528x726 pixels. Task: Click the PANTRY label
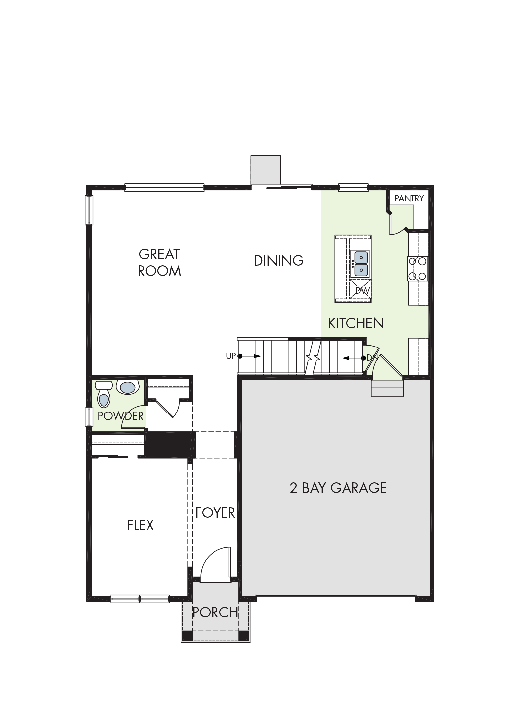(x=409, y=198)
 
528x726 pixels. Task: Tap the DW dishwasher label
(x=362, y=291)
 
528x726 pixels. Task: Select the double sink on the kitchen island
(x=360, y=264)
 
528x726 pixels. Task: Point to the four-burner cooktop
(x=418, y=269)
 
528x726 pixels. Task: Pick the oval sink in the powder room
(x=127, y=387)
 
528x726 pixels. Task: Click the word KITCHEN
(x=356, y=323)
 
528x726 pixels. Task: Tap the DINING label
(x=279, y=261)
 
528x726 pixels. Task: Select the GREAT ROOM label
(x=159, y=263)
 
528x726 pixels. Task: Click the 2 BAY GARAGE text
(x=338, y=488)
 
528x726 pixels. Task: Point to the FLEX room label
(x=141, y=525)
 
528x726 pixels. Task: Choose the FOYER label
(x=215, y=513)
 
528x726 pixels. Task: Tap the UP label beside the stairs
(x=231, y=356)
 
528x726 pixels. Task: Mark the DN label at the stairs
(x=372, y=358)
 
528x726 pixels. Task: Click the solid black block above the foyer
(x=170, y=445)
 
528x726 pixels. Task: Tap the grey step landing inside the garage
(x=387, y=388)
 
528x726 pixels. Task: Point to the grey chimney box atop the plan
(x=266, y=170)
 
